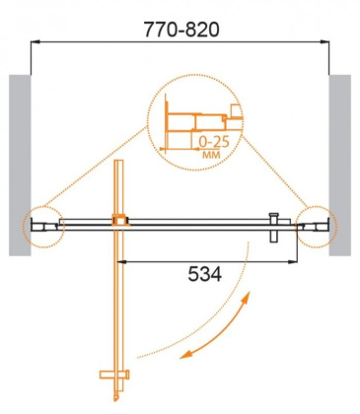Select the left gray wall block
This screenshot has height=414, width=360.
tap(21, 164)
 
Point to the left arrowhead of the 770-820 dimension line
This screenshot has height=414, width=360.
tap(36, 42)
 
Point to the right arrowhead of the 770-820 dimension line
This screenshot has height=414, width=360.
tap(326, 42)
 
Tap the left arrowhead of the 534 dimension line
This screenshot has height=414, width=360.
tap(121, 261)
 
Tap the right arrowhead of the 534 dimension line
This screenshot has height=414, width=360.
tap(298, 261)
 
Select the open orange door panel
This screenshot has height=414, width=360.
tap(118, 296)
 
